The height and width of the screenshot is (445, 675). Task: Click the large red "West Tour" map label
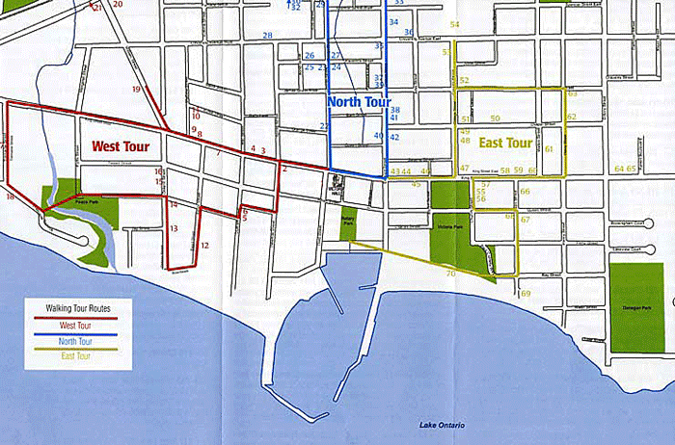121,147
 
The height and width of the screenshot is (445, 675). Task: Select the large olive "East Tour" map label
506,144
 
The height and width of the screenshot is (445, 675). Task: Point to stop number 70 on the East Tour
450,274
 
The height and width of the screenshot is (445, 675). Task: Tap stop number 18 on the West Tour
10,197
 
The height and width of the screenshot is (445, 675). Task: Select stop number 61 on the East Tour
549,149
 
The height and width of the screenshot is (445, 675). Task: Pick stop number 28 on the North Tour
267,36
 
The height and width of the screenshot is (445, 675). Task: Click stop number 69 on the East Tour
526,293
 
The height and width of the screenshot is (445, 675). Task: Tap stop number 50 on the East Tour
495,118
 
